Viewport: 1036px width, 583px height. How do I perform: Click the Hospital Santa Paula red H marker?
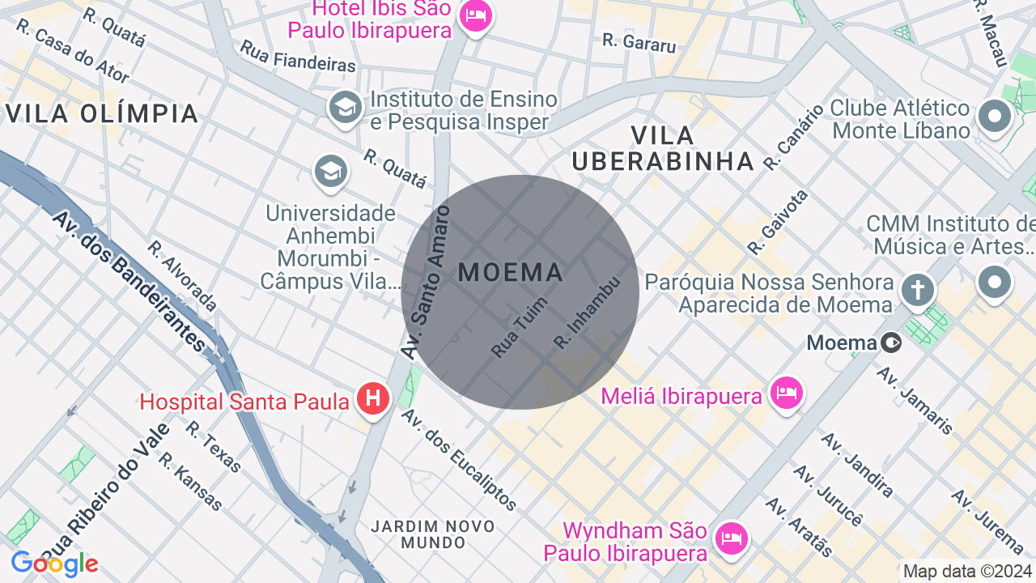[x=373, y=398]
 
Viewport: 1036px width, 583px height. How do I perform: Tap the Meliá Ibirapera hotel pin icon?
[x=785, y=394]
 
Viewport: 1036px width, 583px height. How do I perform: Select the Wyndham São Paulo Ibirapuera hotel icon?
[x=732, y=538]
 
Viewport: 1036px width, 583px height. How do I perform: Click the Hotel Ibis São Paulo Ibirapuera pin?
[x=474, y=16]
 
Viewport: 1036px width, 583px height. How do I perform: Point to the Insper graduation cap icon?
[x=346, y=108]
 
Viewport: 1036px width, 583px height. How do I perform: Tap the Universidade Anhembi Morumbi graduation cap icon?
[x=331, y=171]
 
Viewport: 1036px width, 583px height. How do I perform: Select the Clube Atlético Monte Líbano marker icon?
[x=995, y=117]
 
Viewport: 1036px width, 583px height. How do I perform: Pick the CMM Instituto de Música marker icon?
[x=995, y=283]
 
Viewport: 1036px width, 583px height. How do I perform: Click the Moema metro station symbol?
[x=891, y=343]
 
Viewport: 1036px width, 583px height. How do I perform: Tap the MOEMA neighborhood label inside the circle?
[x=511, y=273]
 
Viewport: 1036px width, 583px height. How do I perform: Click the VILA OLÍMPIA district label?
[x=102, y=113]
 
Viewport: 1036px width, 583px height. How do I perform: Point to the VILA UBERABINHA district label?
[x=663, y=148]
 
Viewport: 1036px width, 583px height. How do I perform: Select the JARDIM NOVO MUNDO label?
[x=432, y=534]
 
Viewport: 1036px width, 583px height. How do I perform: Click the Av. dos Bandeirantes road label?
[x=129, y=281]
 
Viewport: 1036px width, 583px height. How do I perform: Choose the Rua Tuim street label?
[x=519, y=328]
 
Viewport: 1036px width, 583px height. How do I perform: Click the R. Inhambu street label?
[x=587, y=313]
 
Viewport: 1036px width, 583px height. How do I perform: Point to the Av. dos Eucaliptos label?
[x=458, y=460]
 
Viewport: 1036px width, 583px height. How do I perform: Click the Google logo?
[x=54, y=564]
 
